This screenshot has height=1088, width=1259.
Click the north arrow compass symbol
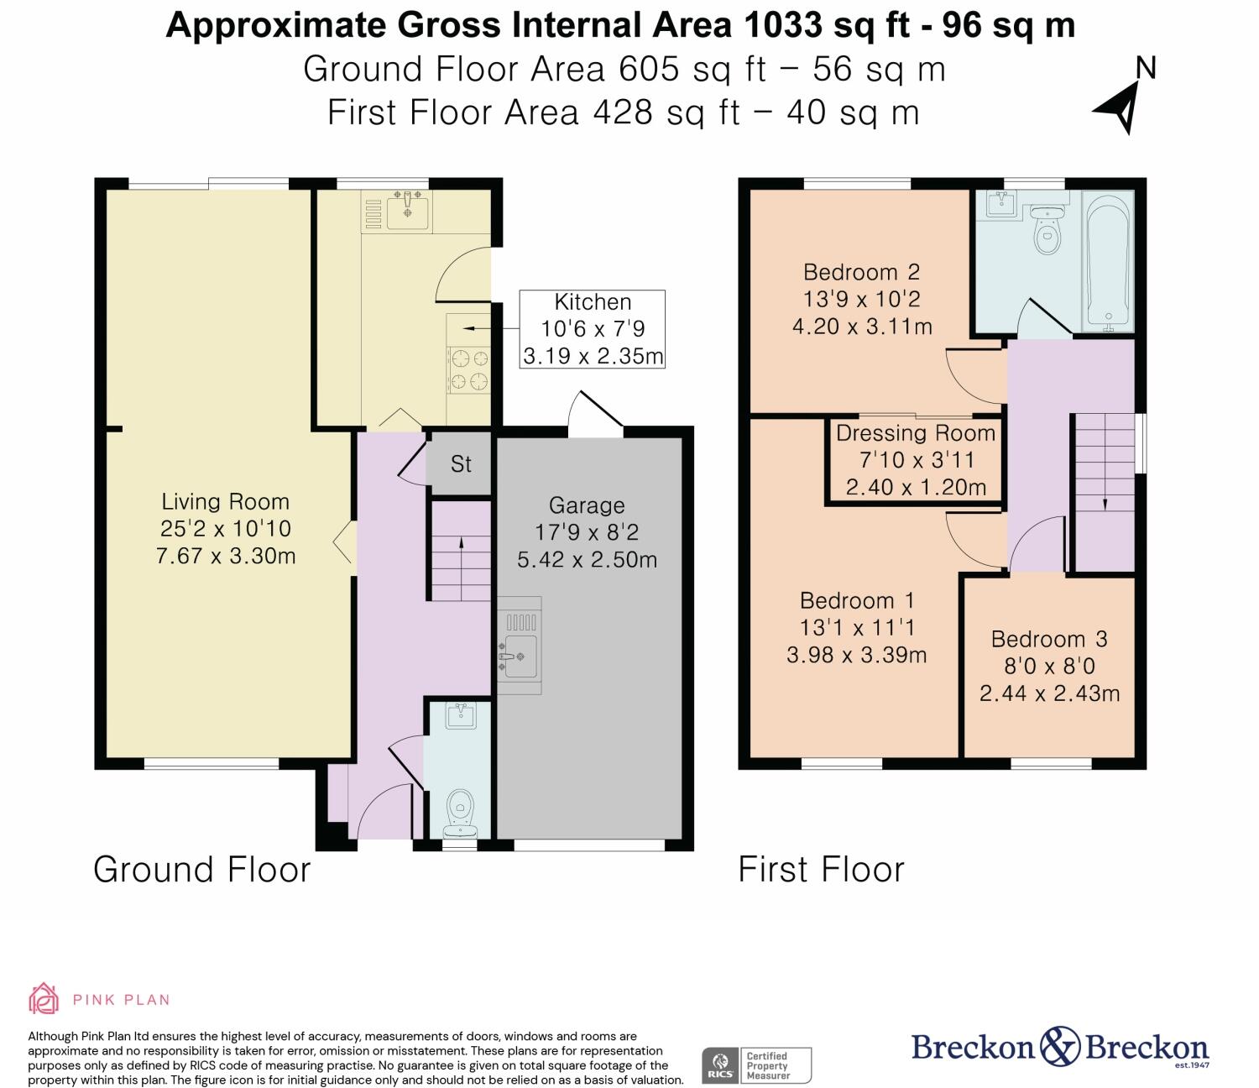(x=1120, y=108)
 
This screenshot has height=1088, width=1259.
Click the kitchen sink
(x=408, y=211)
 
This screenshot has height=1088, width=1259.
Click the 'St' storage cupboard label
(x=461, y=464)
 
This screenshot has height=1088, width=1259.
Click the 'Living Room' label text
(x=225, y=502)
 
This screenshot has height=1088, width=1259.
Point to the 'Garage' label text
(x=587, y=505)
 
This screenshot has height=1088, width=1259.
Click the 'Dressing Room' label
(x=916, y=433)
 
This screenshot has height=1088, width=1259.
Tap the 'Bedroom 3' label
(x=1049, y=639)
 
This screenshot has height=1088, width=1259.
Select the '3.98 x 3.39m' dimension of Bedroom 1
(x=856, y=655)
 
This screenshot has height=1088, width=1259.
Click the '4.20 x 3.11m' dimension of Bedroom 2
(x=862, y=327)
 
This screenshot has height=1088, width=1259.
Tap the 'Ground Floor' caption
(x=202, y=869)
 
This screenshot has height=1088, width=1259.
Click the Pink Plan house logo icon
(x=44, y=998)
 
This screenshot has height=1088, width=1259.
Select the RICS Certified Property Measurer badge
(x=756, y=1065)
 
